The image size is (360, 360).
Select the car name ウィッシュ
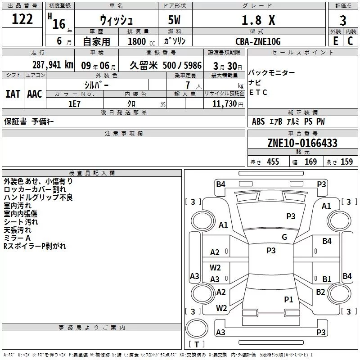click(x=115, y=20)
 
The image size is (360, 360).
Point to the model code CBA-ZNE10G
click(x=258, y=41)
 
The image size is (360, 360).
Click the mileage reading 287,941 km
click(x=52, y=65)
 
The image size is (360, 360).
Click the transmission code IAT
click(x=13, y=94)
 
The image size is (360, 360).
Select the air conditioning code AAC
click(x=35, y=94)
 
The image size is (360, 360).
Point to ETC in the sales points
click(x=258, y=93)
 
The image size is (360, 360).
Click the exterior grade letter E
click(x=335, y=41)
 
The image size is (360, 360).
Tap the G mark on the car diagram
click(x=284, y=237)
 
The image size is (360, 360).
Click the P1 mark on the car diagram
click(x=288, y=299)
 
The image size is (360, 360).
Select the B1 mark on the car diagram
click(x=327, y=279)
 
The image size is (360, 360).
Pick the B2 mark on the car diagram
click(x=320, y=292)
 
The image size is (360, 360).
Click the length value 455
click(x=273, y=162)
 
